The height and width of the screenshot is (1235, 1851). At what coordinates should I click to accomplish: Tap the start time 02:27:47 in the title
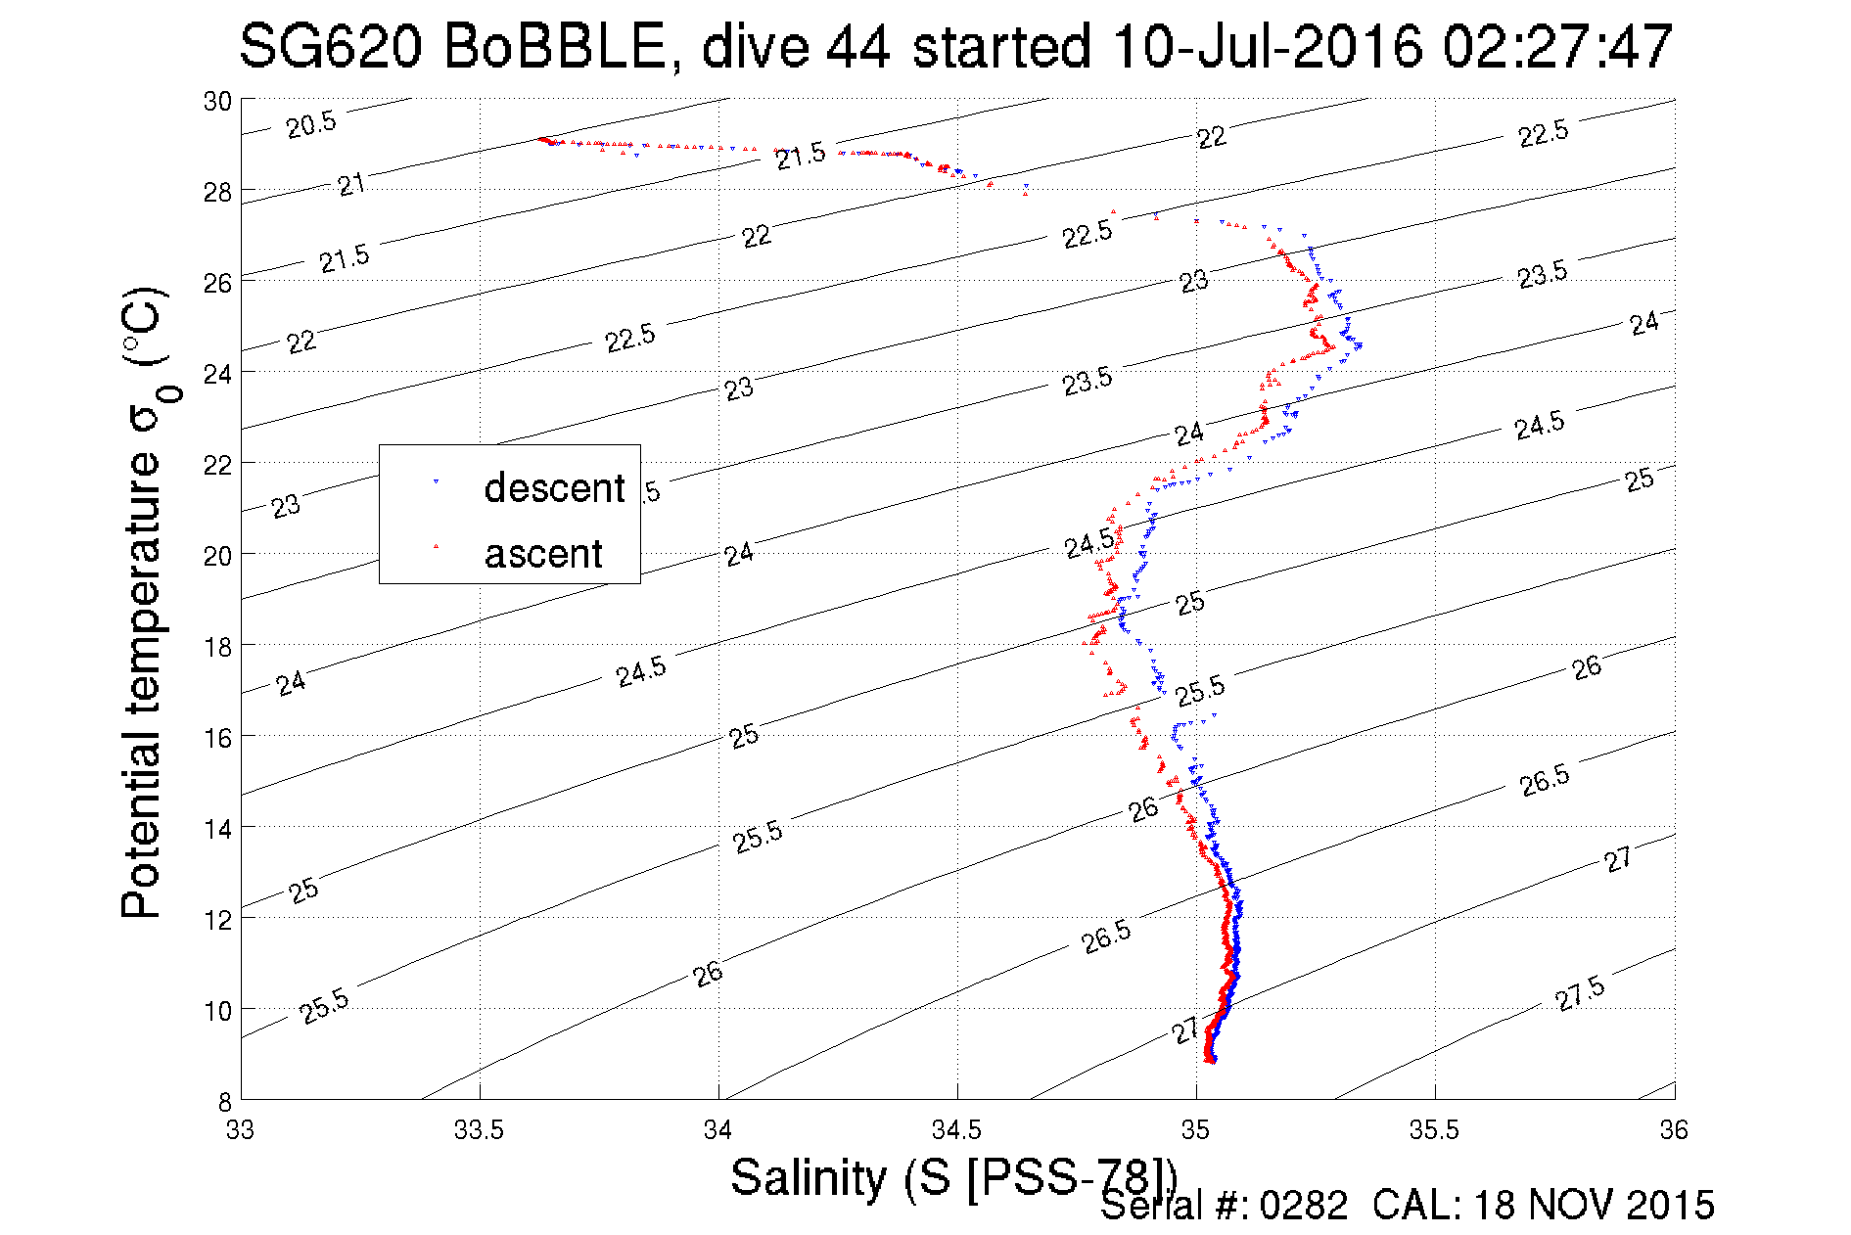(x=1557, y=46)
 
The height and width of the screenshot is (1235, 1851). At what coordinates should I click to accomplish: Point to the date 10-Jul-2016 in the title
(x=1267, y=46)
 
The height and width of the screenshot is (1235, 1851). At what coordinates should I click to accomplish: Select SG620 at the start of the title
(x=330, y=46)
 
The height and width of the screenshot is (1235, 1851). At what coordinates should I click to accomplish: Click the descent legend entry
(x=553, y=487)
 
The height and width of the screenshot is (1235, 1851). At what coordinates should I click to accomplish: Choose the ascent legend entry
(x=543, y=554)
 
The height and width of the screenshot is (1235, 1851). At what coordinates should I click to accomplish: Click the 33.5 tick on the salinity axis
(x=479, y=1130)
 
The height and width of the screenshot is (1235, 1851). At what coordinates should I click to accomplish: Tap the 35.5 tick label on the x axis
(x=1434, y=1130)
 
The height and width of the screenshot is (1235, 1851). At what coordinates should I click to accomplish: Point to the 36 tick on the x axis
(x=1674, y=1130)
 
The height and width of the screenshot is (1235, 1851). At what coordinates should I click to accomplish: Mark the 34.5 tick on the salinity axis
(x=956, y=1130)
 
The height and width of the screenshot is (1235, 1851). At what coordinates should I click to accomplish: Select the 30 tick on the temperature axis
(x=217, y=101)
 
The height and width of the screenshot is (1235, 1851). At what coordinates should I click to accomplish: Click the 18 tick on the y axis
(x=217, y=646)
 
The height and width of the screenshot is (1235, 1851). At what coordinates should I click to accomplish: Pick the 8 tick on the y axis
(x=224, y=1101)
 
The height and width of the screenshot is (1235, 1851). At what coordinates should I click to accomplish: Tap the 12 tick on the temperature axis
(x=217, y=919)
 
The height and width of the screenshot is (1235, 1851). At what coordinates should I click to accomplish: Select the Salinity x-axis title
(x=952, y=1176)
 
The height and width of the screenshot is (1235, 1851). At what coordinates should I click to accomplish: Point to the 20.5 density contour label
(x=311, y=124)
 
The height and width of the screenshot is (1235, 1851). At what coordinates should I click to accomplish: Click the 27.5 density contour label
(x=1579, y=993)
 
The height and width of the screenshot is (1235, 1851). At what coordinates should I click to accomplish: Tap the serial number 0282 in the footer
(x=1303, y=1206)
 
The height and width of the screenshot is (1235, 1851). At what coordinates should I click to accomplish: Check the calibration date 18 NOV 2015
(x=1594, y=1206)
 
